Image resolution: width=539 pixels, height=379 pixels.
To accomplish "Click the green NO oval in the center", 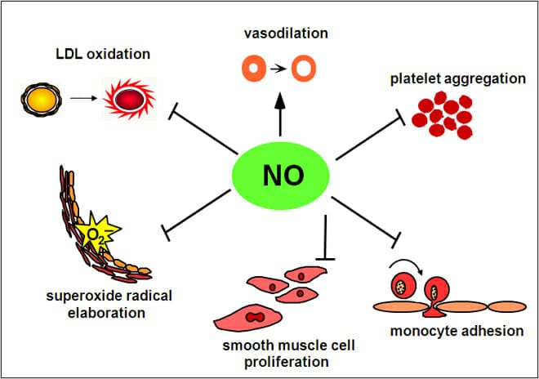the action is (280, 176).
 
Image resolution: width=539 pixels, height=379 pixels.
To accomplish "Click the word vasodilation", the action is (286, 33).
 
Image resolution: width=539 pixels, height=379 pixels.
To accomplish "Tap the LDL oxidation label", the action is (103, 54).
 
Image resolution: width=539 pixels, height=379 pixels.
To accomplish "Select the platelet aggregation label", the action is (458, 78).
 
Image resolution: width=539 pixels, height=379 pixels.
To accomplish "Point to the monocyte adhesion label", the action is (457, 331).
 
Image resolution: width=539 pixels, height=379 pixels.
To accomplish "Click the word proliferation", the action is (286, 362).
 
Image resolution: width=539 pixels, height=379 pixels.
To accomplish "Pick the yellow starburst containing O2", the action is (97, 232).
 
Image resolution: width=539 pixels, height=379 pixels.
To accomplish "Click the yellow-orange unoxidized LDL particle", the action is (42, 100).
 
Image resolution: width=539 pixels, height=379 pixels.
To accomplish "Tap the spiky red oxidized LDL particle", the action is (129, 100).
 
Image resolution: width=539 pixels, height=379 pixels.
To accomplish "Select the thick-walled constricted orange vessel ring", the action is (254, 69).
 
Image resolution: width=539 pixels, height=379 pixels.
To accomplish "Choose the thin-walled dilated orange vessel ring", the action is (304, 69).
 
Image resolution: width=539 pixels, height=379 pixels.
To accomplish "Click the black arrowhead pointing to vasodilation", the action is (280, 100).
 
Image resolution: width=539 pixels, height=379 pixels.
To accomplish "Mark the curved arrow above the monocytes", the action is (406, 261).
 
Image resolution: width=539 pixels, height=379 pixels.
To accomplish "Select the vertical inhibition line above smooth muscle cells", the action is (325, 238).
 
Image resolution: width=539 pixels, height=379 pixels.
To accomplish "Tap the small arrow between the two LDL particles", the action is (84, 99).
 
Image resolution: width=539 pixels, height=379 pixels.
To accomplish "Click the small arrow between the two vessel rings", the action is (278, 69).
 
